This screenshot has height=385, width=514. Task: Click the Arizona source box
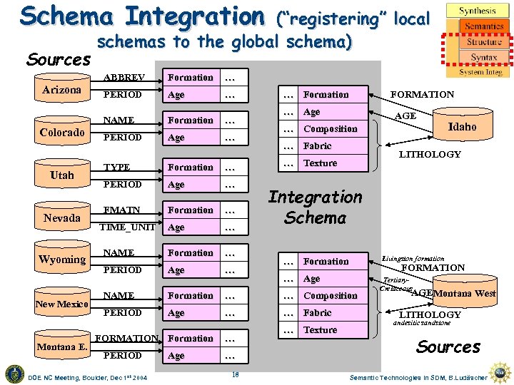[61, 91]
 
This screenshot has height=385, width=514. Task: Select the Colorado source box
[62, 133]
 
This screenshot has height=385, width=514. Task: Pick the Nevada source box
[62, 218]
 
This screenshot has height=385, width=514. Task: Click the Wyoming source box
[62, 260]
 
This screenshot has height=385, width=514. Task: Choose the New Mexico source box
[62, 304]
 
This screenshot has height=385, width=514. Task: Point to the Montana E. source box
[62, 347]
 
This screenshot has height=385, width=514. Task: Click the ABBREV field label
[124, 77]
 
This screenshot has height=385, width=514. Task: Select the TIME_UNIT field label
[126, 227]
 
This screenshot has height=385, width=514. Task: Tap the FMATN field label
[121, 210]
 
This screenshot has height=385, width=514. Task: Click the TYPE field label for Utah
[117, 168]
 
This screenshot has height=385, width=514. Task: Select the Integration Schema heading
[315, 207]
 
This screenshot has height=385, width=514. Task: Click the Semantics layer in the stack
[483, 27]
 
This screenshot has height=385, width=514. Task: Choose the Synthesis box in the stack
[478, 11]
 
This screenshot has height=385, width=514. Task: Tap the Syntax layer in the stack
[483, 58]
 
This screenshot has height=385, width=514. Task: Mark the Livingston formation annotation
[413, 259]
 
